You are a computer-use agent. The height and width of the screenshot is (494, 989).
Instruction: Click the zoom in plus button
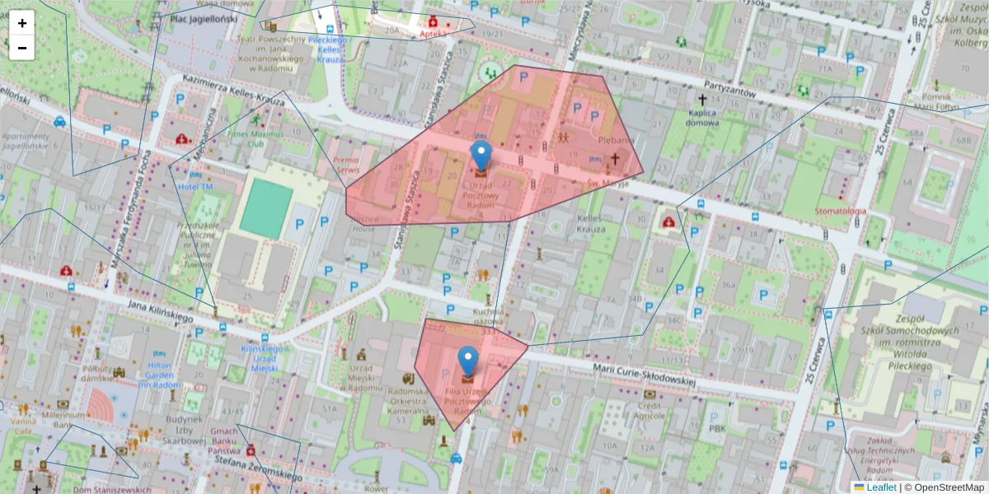tap(22, 23)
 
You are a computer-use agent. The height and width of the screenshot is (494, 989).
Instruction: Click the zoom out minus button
tap(22, 48)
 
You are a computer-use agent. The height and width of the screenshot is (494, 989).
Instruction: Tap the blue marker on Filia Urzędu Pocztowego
tap(468, 361)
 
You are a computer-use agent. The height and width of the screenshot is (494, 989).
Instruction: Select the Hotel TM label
tap(195, 187)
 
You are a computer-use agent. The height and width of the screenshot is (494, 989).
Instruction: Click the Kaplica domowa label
tap(701, 118)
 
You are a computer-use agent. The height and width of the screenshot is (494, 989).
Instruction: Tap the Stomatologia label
tap(840, 212)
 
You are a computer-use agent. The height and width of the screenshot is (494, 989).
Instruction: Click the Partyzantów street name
tap(729, 90)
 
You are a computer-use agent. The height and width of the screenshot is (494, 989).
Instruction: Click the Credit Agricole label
tap(650, 410)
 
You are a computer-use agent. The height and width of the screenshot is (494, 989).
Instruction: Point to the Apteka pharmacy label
tap(433, 35)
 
